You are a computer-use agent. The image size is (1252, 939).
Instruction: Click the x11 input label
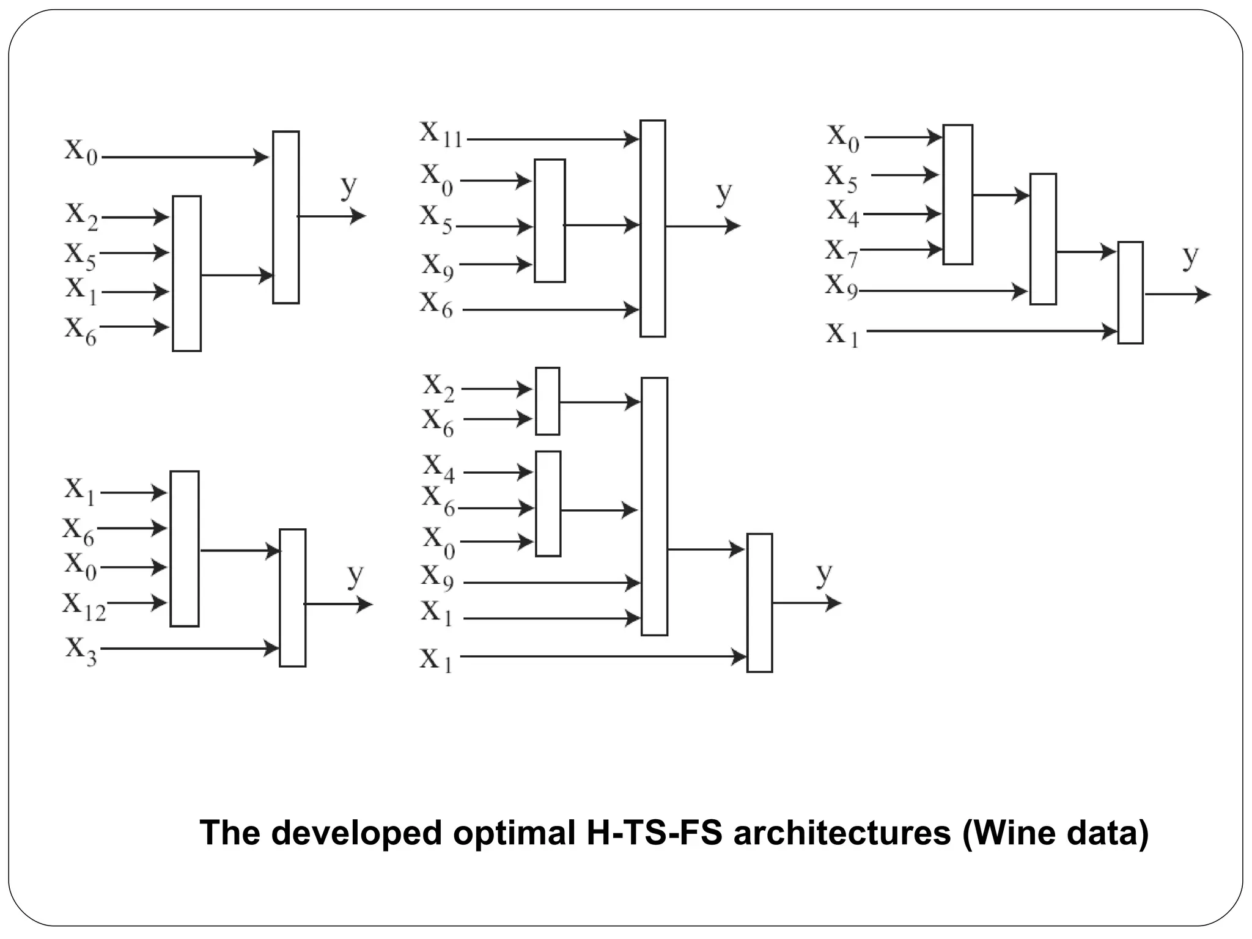(441, 134)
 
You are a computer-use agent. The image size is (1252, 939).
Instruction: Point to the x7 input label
(842, 252)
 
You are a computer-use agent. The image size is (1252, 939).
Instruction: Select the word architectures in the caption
(842, 833)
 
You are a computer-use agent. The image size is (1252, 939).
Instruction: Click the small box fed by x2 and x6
(547, 401)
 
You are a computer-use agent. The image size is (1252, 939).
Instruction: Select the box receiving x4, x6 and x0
(548, 504)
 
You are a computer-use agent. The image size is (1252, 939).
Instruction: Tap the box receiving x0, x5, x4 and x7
(957, 194)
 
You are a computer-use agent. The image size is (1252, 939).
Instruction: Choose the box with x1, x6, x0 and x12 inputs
(184, 548)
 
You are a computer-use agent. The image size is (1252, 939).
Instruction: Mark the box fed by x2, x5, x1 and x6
(186, 273)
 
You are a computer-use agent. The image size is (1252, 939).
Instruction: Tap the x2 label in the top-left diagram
(82, 216)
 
